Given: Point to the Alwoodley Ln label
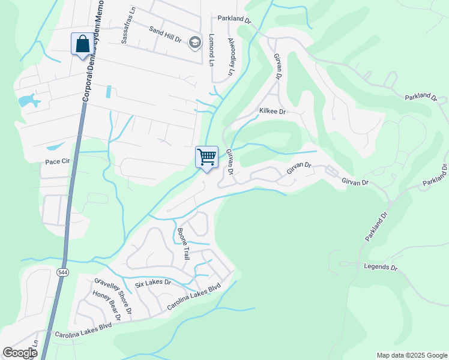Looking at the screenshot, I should pyautogui.click(x=231, y=57).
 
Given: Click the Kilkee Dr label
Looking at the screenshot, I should pyautogui.click(x=272, y=111).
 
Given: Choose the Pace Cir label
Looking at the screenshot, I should pyautogui.click(x=58, y=162).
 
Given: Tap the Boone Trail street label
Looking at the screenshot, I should pyautogui.click(x=182, y=242).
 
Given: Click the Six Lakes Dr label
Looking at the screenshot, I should pyautogui.click(x=152, y=283).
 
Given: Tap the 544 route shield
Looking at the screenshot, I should pyautogui.click(x=62, y=272).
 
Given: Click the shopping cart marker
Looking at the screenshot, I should pyautogui.click(x=206, y=157).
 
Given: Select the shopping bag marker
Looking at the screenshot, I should pyautogui.click(x=82, y=44).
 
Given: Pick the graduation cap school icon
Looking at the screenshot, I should pyautogui.click(x=194, y=42).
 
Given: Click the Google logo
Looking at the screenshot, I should pyautogui.click(x=20, y=353).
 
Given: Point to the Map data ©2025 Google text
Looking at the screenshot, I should pyautogui.click(x=411, y=355).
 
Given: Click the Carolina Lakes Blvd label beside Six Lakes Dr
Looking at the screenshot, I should pyautogui.click(x=194, y=296).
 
